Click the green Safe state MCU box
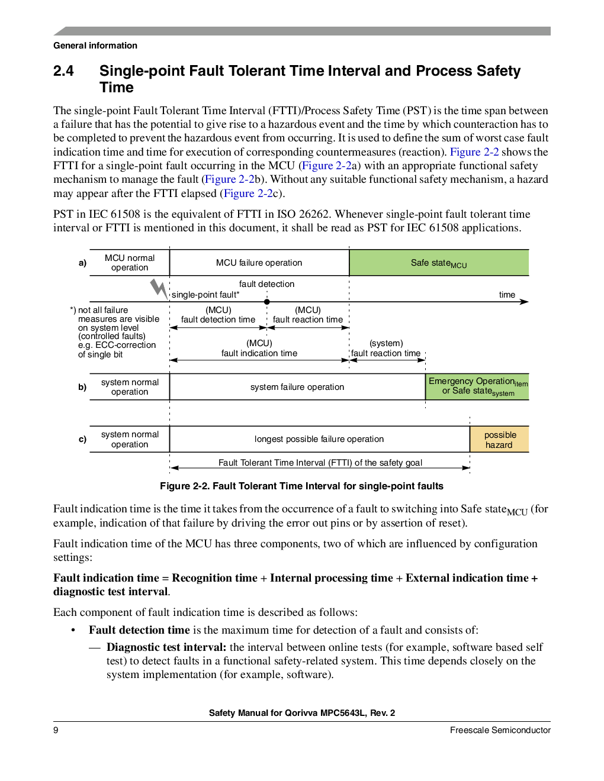[x=439, y=263]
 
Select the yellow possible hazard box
[x=499, y=439]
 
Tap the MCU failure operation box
[x=259, y=263]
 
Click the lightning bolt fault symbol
[x=159, y=289]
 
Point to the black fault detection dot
[x=266, y=302]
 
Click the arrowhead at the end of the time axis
[x=525, y=302]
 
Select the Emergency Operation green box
[x=477, y=387]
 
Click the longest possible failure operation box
[x=319, y=439]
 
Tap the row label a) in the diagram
[x=82, y=263]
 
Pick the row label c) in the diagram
[x=82, y=439]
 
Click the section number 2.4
[x=63, y=71]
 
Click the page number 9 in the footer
[x=56, y=730]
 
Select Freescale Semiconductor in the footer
[x=500, y=730]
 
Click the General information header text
[x=95, y=46]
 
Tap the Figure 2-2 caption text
[x=301, y=486]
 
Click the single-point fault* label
[x=205, y=295]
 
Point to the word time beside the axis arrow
[x=507, y=295]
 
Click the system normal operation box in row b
[x=130, y=387]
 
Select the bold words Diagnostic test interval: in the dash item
[x=166, y=647]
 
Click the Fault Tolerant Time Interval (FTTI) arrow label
[x=320, y=463]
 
